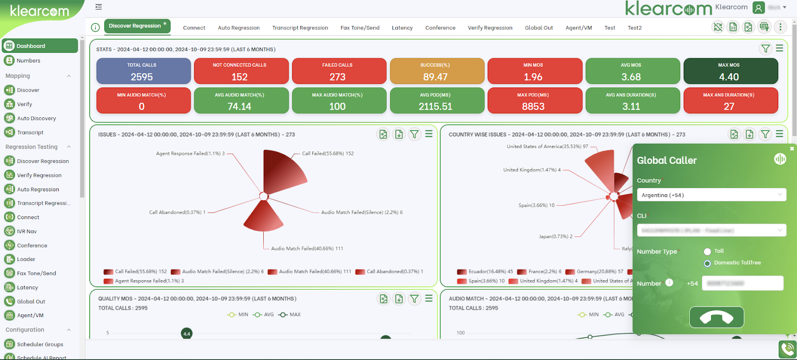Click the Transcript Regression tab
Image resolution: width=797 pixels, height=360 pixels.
click(x=300, y=28)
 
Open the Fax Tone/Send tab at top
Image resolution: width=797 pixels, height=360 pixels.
click(x=360, y=28)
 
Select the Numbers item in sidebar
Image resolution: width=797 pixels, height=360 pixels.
click(x=28, y=61)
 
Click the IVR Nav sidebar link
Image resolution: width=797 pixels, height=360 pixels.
click(x=27, y=231)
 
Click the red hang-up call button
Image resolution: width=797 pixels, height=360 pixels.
click(x=716, y=317)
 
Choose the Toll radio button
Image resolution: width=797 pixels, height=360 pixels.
click(x=707, y=251)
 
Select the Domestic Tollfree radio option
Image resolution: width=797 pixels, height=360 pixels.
click(x=707, y=263)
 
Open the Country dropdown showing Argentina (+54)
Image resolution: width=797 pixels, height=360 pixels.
click(x=711, y=195)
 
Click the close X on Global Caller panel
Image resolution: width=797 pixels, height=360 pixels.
click(x=792, y=149)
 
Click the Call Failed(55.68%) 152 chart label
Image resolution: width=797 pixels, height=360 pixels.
click(x=328, y=153)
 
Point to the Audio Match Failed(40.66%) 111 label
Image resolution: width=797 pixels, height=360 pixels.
click(x=307, y=248)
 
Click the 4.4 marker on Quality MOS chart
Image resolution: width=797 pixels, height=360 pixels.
click(x=186, y=333)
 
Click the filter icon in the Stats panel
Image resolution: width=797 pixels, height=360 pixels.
click(x=765, y=49)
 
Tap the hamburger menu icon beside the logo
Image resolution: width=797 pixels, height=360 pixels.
click(x=98, y=7)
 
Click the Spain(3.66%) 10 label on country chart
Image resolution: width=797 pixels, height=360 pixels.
click(x=536, y=205)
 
